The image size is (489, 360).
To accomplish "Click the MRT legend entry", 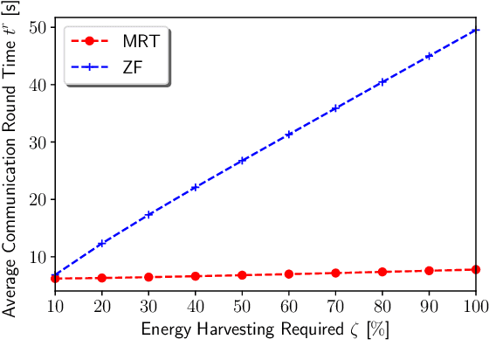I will pyautogui.click(x=114, y=40).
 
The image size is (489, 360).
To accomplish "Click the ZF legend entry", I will pyautogui.click(x=114, y=66).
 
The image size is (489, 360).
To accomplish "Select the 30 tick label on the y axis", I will pyautogui.click(x=35, y=142).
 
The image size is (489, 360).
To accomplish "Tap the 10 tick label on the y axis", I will pyautogui.click(x=35, y=257).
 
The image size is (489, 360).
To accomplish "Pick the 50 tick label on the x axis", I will pyautogui.click(x=242, y=308).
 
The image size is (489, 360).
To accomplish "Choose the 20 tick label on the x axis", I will pyautogui.click(x=101, y=308).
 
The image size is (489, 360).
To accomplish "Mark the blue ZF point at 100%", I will pyautogui.click(x=476, y=31).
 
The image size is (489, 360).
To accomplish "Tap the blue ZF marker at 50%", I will pyautogui.click(x=242, y=161).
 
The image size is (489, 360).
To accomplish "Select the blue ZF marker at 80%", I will pyautogui.click(x=382, y=82).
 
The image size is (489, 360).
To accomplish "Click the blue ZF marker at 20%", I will pyautogui.click(x=101, y=244).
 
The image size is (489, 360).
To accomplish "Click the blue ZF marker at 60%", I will pyautogui.click(x=288, y=135).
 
